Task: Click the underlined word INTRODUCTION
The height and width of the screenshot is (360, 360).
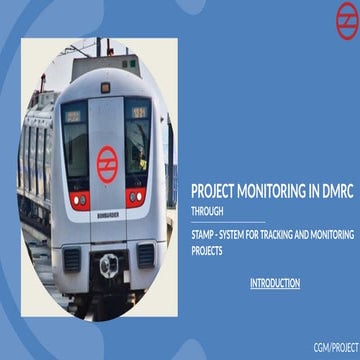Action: (x=275, y=283)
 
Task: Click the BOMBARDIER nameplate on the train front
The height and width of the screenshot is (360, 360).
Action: (x=107, y=213)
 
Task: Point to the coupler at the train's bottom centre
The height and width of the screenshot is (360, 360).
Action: (x=108, y=266)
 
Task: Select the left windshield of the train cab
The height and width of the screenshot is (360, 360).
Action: (x=75, y=140)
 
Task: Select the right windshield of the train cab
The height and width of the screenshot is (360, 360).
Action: (x=137, y=140)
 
